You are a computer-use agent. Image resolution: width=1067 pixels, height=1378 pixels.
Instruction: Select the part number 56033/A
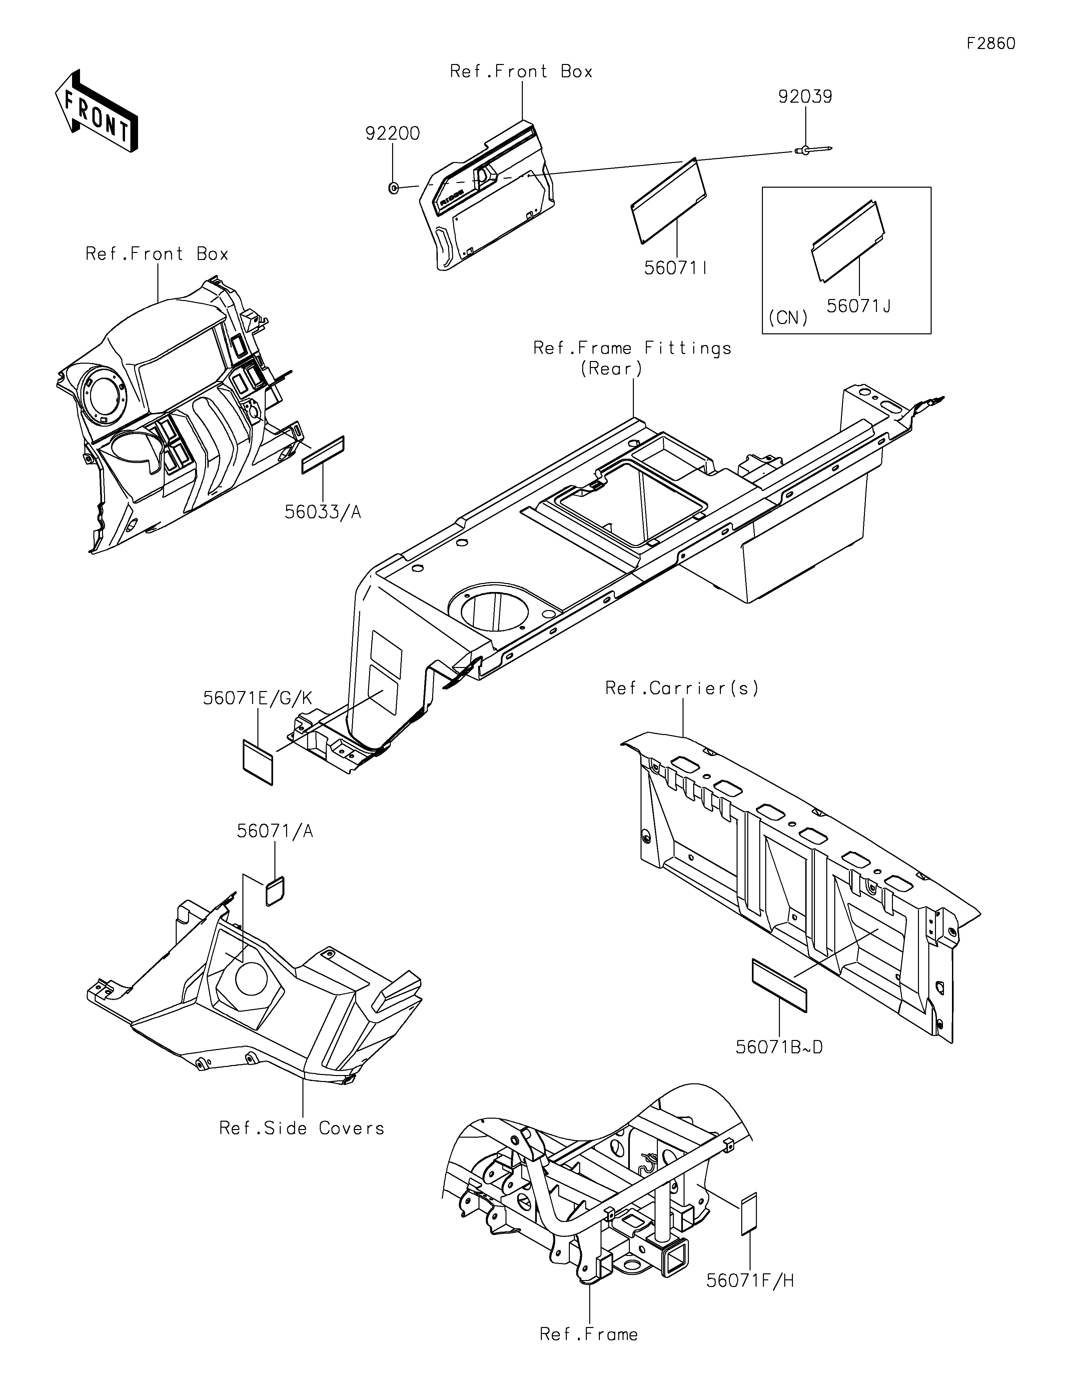(x=322, y=512)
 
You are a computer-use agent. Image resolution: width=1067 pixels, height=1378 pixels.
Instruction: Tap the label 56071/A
(x=275, y=831)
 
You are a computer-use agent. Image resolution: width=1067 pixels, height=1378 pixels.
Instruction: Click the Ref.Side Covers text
(x=302, y=1128)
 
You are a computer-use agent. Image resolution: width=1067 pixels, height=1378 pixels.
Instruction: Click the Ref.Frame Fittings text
(x=632, y=348)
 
